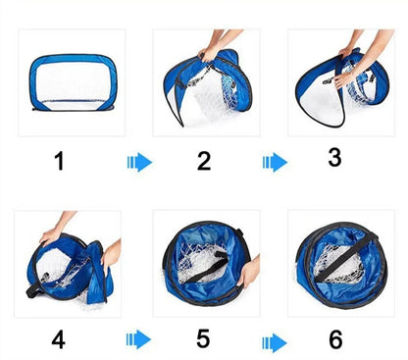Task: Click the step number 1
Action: (x=59, y=161)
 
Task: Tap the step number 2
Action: (x=204, y=161)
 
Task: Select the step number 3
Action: (x=334, y=157)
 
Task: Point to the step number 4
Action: (x=59, y=339)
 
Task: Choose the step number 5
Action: (x=203, y=338)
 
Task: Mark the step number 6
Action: (x=335, y=339)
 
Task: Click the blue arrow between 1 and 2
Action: (x=139, y=162)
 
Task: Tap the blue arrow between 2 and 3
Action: (x=275, y=162)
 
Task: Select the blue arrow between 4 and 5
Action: (x=138, y=339)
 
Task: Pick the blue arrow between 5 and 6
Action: (x=275, y=343)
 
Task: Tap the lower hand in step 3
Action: (x=342, y=79)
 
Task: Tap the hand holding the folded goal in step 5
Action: (x=250, y=272)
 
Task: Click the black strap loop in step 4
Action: (x=33, y=290)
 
